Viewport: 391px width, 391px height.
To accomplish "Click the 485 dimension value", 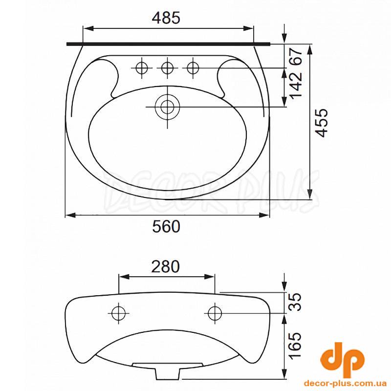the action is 166,18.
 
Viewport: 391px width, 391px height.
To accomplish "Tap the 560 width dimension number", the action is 166,227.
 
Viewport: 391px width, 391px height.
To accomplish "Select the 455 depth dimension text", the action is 321,123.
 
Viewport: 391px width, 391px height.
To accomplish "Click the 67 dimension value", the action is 296,57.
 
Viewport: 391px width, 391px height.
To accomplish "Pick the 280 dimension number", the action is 166,266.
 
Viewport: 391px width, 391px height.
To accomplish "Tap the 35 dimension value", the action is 296,302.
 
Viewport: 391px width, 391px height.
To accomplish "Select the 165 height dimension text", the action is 296,346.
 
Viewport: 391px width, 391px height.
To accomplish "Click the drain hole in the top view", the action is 167,107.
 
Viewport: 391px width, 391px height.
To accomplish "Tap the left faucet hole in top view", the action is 142,67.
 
